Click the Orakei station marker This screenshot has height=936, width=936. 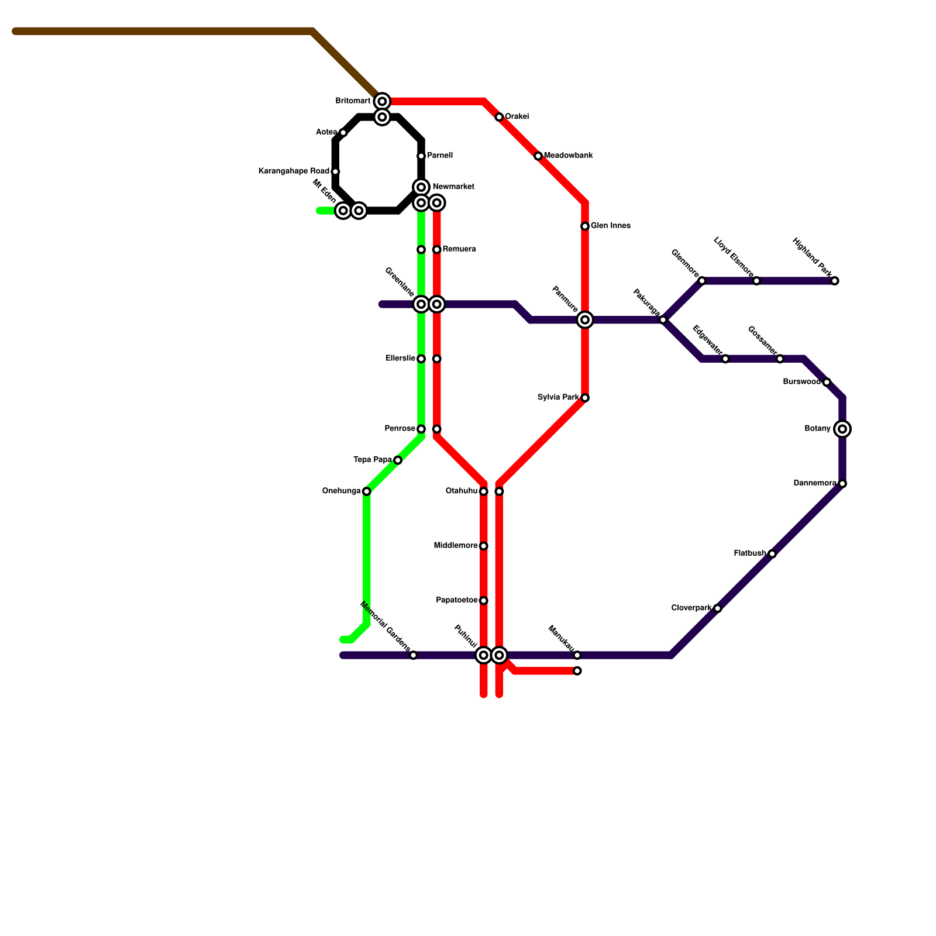[499, 117]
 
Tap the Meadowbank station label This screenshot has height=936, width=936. [568, 156]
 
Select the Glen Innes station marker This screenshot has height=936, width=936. [585, 226]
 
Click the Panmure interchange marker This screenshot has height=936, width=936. [585, 320]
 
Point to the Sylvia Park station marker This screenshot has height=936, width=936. [585, 398]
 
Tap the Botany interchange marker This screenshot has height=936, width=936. [842, 429]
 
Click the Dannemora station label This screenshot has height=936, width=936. [814, 483]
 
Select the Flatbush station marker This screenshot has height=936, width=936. [772, 554]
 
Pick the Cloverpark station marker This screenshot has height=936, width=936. [718, 608]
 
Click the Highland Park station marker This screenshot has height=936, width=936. [835, 281]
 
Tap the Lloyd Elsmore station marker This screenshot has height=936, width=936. [756, 281]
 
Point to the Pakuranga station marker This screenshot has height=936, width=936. [663, 320]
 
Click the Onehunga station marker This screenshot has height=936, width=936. [366, 491]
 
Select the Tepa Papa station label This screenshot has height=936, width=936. [373, 460]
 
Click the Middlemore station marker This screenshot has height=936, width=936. [484, 546]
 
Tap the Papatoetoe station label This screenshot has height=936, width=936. [457, 600]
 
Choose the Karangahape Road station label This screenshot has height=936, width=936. [294, 171]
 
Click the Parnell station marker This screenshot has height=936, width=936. [421, 156]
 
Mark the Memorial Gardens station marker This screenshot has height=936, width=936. [413, 655]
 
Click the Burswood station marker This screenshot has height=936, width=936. [827, 382]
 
